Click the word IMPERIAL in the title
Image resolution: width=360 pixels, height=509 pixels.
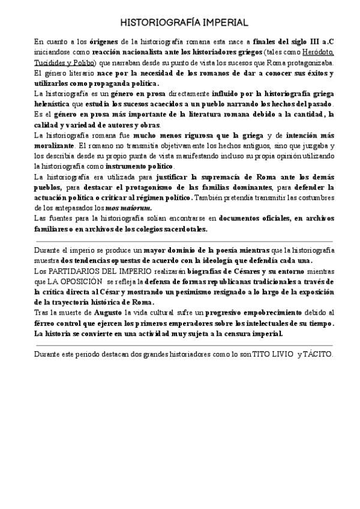click(217, 23)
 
